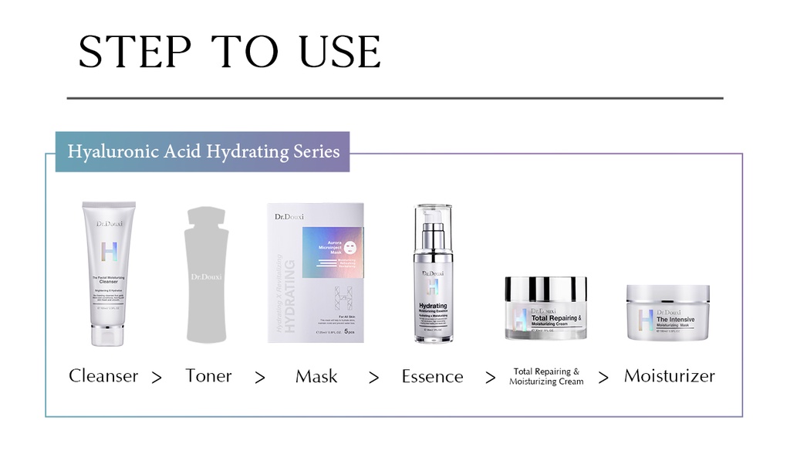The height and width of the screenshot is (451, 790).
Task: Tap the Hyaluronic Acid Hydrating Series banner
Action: pos(203,151)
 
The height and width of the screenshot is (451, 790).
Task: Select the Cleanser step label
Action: pos(103,376)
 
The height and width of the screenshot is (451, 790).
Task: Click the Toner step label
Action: pos(208,376)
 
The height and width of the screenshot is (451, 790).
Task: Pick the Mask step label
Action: pos(316,376)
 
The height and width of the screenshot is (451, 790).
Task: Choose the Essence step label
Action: pos(432,377)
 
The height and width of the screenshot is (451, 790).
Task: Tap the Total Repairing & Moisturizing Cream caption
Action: pos(546,377)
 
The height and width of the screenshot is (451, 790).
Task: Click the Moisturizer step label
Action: pos(669,376)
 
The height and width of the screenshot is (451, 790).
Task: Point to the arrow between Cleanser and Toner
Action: pos(157,378)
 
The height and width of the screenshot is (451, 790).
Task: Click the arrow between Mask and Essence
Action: pos(374,378)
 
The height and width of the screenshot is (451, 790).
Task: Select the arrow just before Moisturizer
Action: pos(603,378)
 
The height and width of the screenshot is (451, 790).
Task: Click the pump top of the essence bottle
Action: pos(433,224)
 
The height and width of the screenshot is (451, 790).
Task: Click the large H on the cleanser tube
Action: pos(110,253)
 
